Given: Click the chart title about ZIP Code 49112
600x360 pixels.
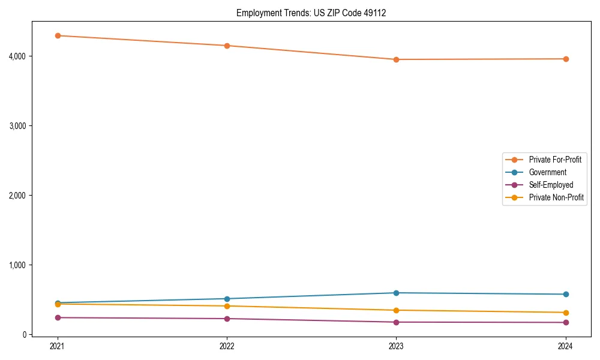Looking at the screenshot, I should pos(311,13).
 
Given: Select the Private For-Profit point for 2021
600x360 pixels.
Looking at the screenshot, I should pos(58,35).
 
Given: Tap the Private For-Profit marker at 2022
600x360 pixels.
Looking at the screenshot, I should pos(227,46).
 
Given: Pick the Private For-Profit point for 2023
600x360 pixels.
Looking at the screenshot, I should pos(396,59).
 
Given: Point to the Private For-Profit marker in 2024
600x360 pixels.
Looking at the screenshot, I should pos(566,59).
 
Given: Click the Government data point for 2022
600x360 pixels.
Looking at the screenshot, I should pos(227,299).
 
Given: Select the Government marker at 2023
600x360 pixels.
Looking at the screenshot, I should pos(396,293).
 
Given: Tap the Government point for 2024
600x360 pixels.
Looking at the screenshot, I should pos(566,294).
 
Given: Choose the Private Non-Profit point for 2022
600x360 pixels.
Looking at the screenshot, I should pos(227,306).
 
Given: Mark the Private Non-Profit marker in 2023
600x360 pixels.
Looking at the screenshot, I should pos(396,310).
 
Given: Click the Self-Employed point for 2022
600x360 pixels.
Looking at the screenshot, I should pos(227,319).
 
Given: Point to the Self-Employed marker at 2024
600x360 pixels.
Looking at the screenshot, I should pos(566,322).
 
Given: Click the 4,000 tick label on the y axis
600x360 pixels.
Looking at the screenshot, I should pos(16,56).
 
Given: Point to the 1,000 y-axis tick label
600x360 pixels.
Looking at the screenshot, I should pos(16,265).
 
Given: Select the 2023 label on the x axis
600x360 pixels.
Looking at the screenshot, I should pos(396,346).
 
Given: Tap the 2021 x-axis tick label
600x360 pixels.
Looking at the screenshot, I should pos(58,346).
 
